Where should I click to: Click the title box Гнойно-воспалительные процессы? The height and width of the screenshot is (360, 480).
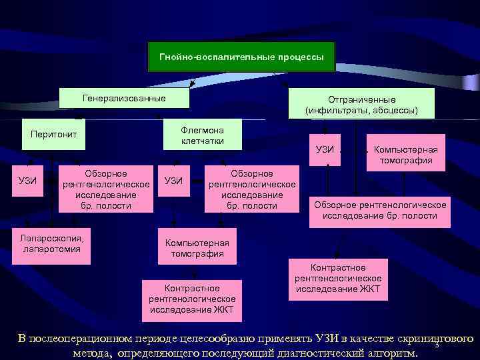tap(241, 57)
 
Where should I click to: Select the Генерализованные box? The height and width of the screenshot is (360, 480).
tap(125, 99)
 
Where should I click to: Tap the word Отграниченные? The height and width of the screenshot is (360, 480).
tap(362, 99)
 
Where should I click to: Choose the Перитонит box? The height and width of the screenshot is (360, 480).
tap(54, 135)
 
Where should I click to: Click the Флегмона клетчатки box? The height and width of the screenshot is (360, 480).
tap(203, 135)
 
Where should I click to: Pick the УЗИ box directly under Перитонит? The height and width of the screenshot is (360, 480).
tap(27, 180)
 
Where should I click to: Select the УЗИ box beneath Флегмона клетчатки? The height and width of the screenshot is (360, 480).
tap(173, 180)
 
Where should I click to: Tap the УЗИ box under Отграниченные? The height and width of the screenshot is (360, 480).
tap(325, 149)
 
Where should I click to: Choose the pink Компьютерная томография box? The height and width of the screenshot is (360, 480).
tap(197, 248)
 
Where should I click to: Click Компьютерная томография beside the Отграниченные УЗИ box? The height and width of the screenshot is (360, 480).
tap(405, 155)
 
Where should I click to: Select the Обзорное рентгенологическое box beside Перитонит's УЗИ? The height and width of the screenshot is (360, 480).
tap(106, 189)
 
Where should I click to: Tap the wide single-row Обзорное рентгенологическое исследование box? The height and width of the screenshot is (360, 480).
tap(379, 210)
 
